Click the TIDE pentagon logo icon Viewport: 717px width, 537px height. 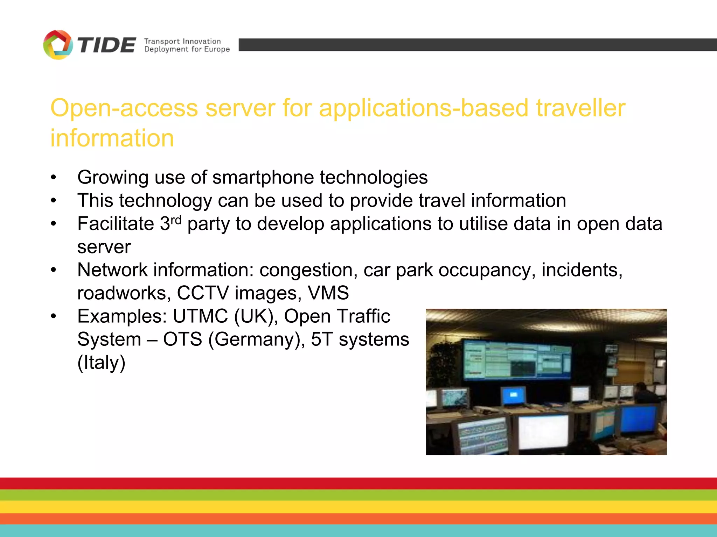click(58, 45)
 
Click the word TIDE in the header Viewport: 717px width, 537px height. click(106, 45)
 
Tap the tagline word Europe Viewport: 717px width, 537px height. click(217, 49)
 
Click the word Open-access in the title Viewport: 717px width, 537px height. click(124, 108)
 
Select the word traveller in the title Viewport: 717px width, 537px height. click(580, 108)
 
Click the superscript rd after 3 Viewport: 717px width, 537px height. click(176, 220)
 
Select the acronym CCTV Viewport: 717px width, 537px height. click(203, 293)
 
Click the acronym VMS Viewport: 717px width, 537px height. click(328, 293)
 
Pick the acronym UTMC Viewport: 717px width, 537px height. click(200, 316)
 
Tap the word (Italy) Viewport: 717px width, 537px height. click(101, 362)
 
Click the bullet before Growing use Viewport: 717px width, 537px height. click(53, 177)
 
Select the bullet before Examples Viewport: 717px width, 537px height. click(53, 316)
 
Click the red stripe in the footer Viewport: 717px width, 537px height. click(358, 484)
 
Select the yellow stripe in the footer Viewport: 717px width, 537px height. click(358, 507)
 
